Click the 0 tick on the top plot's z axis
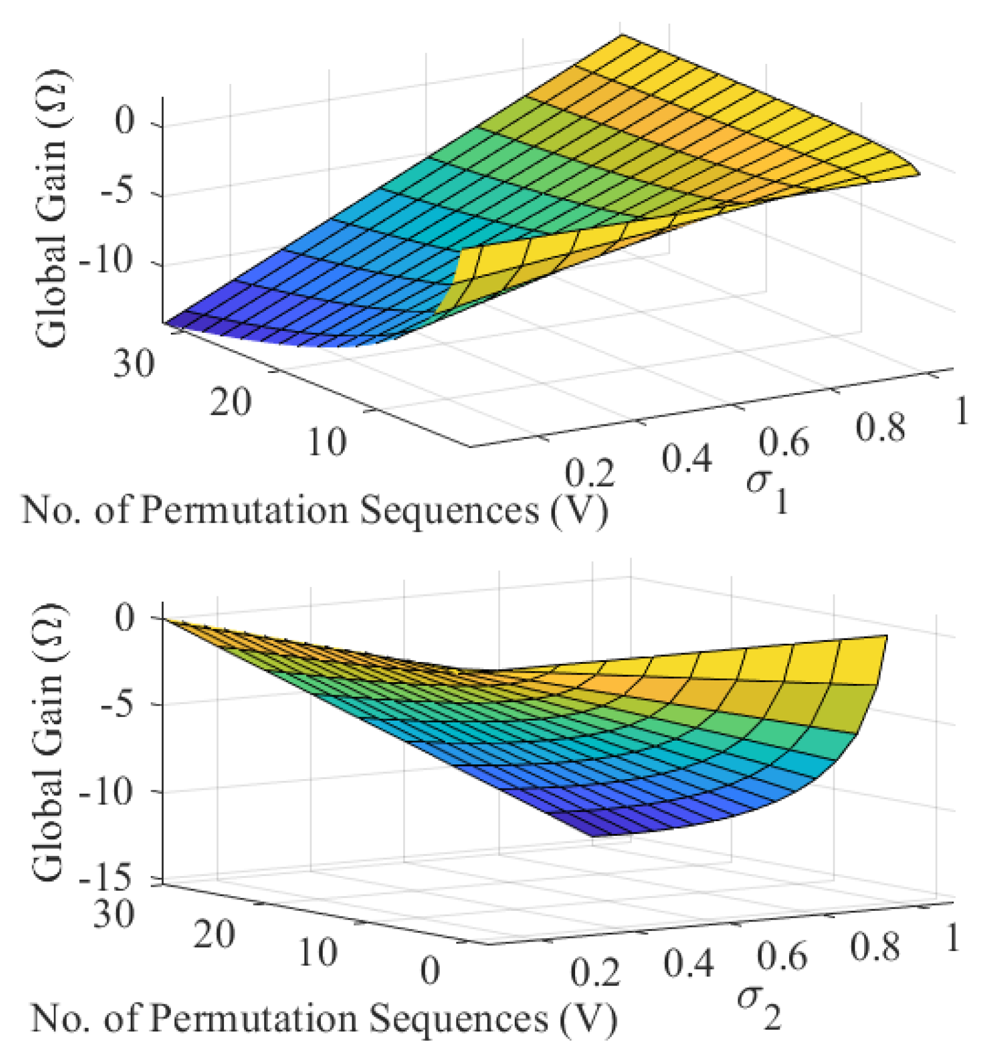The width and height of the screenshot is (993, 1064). [125, 122]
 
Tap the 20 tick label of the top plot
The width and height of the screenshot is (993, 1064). [231, 403]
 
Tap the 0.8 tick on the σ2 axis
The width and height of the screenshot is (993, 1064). [874, 948]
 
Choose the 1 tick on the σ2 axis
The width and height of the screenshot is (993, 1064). [951, 939]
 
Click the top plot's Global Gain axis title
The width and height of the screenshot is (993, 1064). [52, 208]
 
